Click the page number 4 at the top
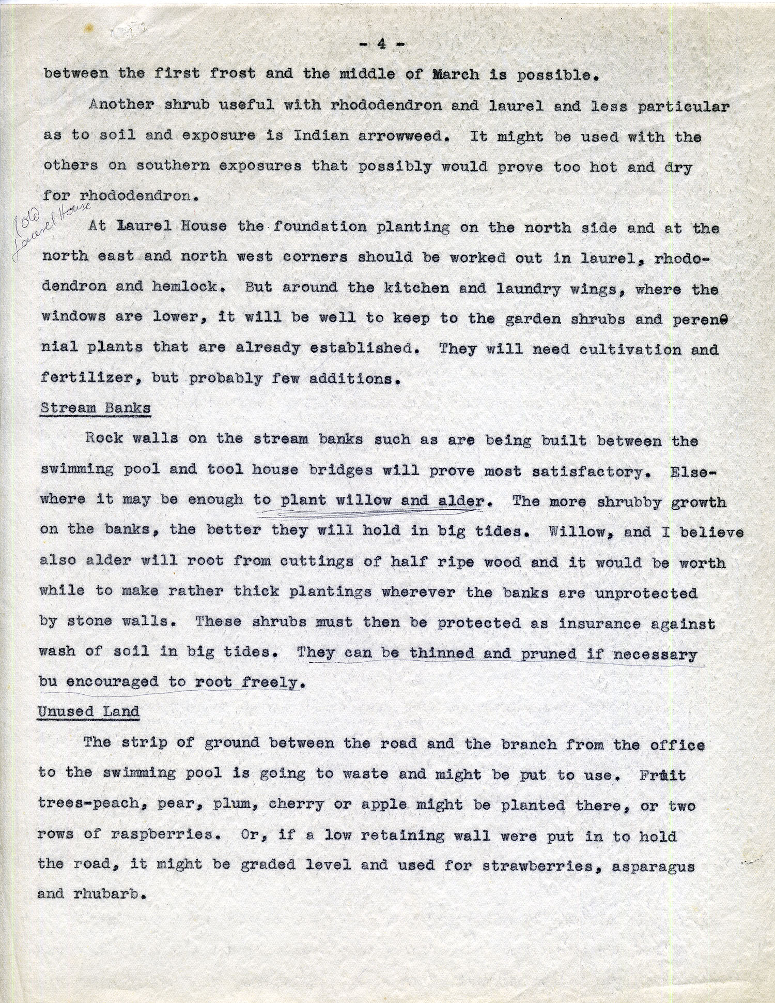[x=382, y=44]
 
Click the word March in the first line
[x=455, y=74]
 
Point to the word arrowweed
[x=400, y=136]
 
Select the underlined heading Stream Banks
[x=96, y=408]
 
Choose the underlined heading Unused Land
[x=88, y=712]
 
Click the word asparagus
[x=654, y=865]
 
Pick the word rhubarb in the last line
[x=106, y=894]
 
